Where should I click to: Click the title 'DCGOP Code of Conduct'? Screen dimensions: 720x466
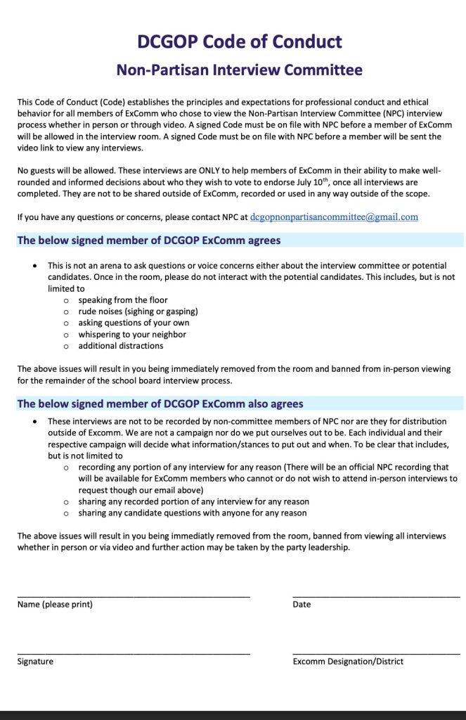240,41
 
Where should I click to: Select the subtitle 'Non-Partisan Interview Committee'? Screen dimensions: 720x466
240,70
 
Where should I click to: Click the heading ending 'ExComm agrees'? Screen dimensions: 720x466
149,240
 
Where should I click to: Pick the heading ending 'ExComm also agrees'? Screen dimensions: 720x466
160,404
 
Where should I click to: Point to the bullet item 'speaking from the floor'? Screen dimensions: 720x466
123,300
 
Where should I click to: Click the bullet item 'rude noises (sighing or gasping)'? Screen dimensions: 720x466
138,311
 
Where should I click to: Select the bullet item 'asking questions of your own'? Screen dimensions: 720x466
134,323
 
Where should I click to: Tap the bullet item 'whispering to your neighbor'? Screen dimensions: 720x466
132,335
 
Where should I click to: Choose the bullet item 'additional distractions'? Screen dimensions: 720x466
121,346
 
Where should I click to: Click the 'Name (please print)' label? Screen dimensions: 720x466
55,605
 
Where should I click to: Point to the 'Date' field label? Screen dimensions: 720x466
302,605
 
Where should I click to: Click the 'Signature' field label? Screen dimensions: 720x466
35,662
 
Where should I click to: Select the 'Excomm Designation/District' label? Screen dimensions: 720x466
348,662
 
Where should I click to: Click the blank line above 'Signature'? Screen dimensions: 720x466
134,654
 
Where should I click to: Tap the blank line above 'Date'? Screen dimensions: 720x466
376,597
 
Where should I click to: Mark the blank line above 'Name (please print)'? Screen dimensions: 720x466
134,597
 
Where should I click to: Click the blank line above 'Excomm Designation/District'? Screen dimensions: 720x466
376,654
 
